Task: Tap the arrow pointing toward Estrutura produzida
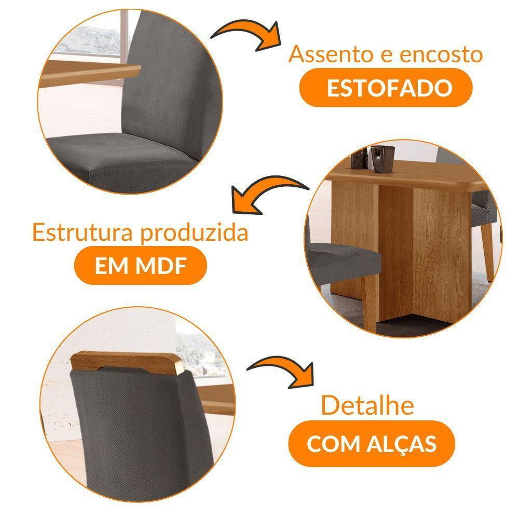(265, 192)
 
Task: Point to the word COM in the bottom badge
(330, 444)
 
